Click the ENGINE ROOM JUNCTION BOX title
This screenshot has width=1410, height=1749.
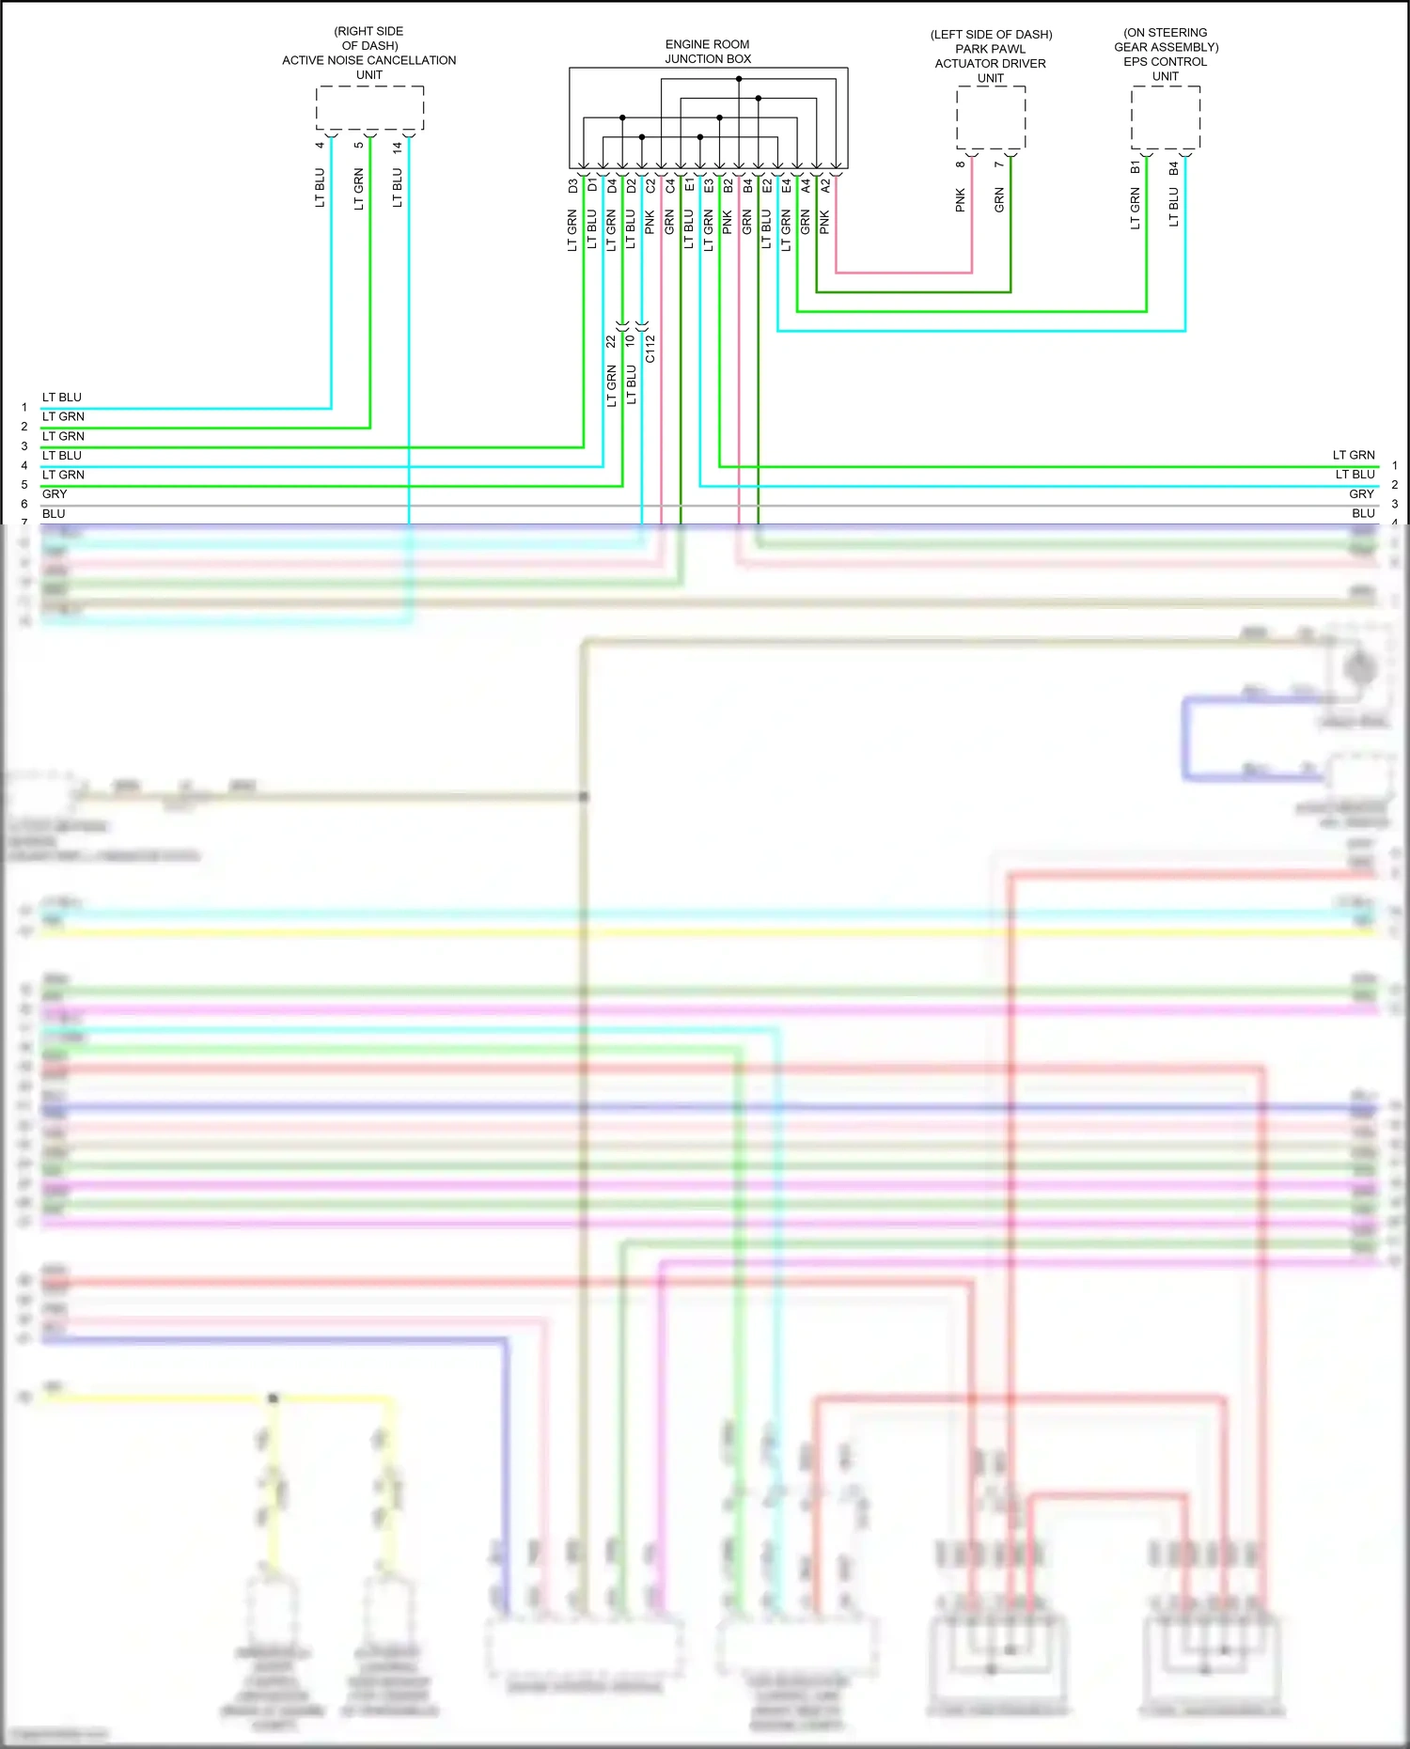(708, 52)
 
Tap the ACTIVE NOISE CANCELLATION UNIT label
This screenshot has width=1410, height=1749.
(369, 60)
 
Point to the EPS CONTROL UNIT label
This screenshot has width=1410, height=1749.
(1166, 62)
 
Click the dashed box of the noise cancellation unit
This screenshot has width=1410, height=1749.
(369, 108)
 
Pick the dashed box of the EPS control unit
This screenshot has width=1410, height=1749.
(1166, 117)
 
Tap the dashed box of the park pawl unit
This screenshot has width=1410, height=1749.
(991, 117)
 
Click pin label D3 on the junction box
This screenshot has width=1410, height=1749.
(572, 186)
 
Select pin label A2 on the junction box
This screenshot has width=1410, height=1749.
(825, 186)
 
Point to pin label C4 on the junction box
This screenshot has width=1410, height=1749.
(670, 186)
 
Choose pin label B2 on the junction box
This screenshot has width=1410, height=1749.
(728, 186)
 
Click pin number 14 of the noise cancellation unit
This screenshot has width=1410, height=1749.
(398, 147)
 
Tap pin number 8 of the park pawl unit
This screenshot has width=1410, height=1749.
(960, 164)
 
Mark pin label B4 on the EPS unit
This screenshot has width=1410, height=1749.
(1173, 168)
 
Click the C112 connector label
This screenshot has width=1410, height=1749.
(650, 348)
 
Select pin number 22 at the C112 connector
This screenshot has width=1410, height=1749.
(611, 341)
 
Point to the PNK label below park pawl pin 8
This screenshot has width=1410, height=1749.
(960, 199)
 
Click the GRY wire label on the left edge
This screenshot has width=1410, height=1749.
(55, 494)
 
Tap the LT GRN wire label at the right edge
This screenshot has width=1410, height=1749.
(1354, 455)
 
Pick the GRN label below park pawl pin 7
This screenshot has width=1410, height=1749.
(999, 199)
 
